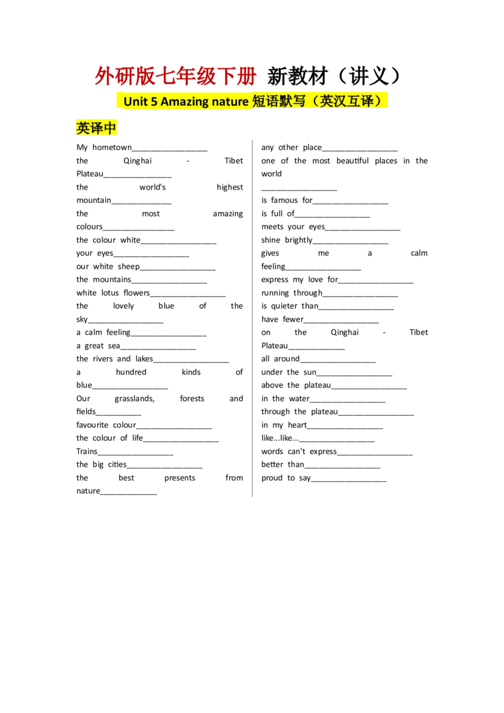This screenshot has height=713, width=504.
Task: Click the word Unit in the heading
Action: click(135, 101)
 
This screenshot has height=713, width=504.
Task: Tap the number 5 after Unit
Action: click(154, 101)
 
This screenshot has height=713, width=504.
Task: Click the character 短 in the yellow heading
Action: click(259, 101)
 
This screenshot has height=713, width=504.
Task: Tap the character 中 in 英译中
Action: click(111, 128)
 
